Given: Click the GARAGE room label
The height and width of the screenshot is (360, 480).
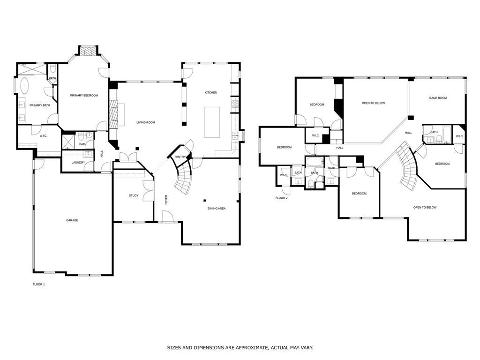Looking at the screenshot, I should (x=72, y=220).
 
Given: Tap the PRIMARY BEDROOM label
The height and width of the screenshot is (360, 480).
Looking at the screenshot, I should (x=84, y=96).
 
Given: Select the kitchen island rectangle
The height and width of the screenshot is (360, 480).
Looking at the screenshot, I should (x=211, y=122).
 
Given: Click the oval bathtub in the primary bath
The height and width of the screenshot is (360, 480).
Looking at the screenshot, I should (x=24, y=87).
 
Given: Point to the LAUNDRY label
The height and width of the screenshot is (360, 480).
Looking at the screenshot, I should (x=78, y=163).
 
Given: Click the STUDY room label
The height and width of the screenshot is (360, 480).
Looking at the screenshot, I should (x=134, y=195).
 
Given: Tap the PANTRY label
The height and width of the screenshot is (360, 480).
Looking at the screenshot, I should (x=180, y=157).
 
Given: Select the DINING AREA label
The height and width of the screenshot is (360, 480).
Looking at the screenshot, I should (x=217, y=208).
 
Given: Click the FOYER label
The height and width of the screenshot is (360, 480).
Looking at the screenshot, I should (x=166, y=200).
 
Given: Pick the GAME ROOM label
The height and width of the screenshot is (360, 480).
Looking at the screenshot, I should (x=438, y=98).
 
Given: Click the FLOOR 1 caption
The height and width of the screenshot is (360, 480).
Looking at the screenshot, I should (x=39, y=284).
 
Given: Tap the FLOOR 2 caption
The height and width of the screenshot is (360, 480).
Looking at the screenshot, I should (x=281, y=198).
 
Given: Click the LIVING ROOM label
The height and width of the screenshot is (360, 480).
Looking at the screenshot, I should (x=145, y=122).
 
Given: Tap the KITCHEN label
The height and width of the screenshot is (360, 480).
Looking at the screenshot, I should (x=210, y=92).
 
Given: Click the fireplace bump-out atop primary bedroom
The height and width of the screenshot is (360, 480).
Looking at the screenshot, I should (x=87, y=50).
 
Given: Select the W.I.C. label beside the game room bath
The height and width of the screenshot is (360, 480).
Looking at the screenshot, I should (x=459, y=136).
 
